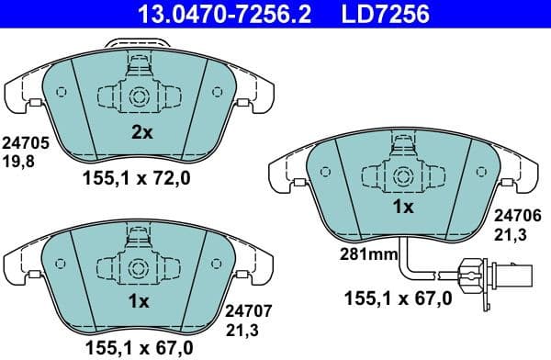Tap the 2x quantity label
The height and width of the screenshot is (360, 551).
point(141,132)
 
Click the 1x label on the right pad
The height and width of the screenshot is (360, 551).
point(403,207)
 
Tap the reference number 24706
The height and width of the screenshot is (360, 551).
point(519,214)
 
